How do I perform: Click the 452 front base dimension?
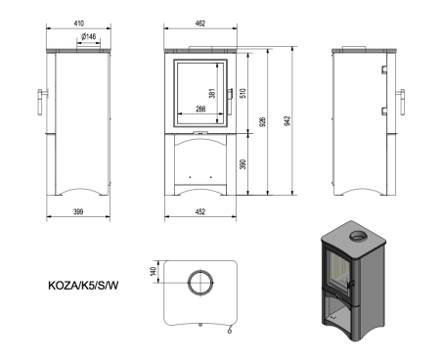202,209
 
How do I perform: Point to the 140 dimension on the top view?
154,271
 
